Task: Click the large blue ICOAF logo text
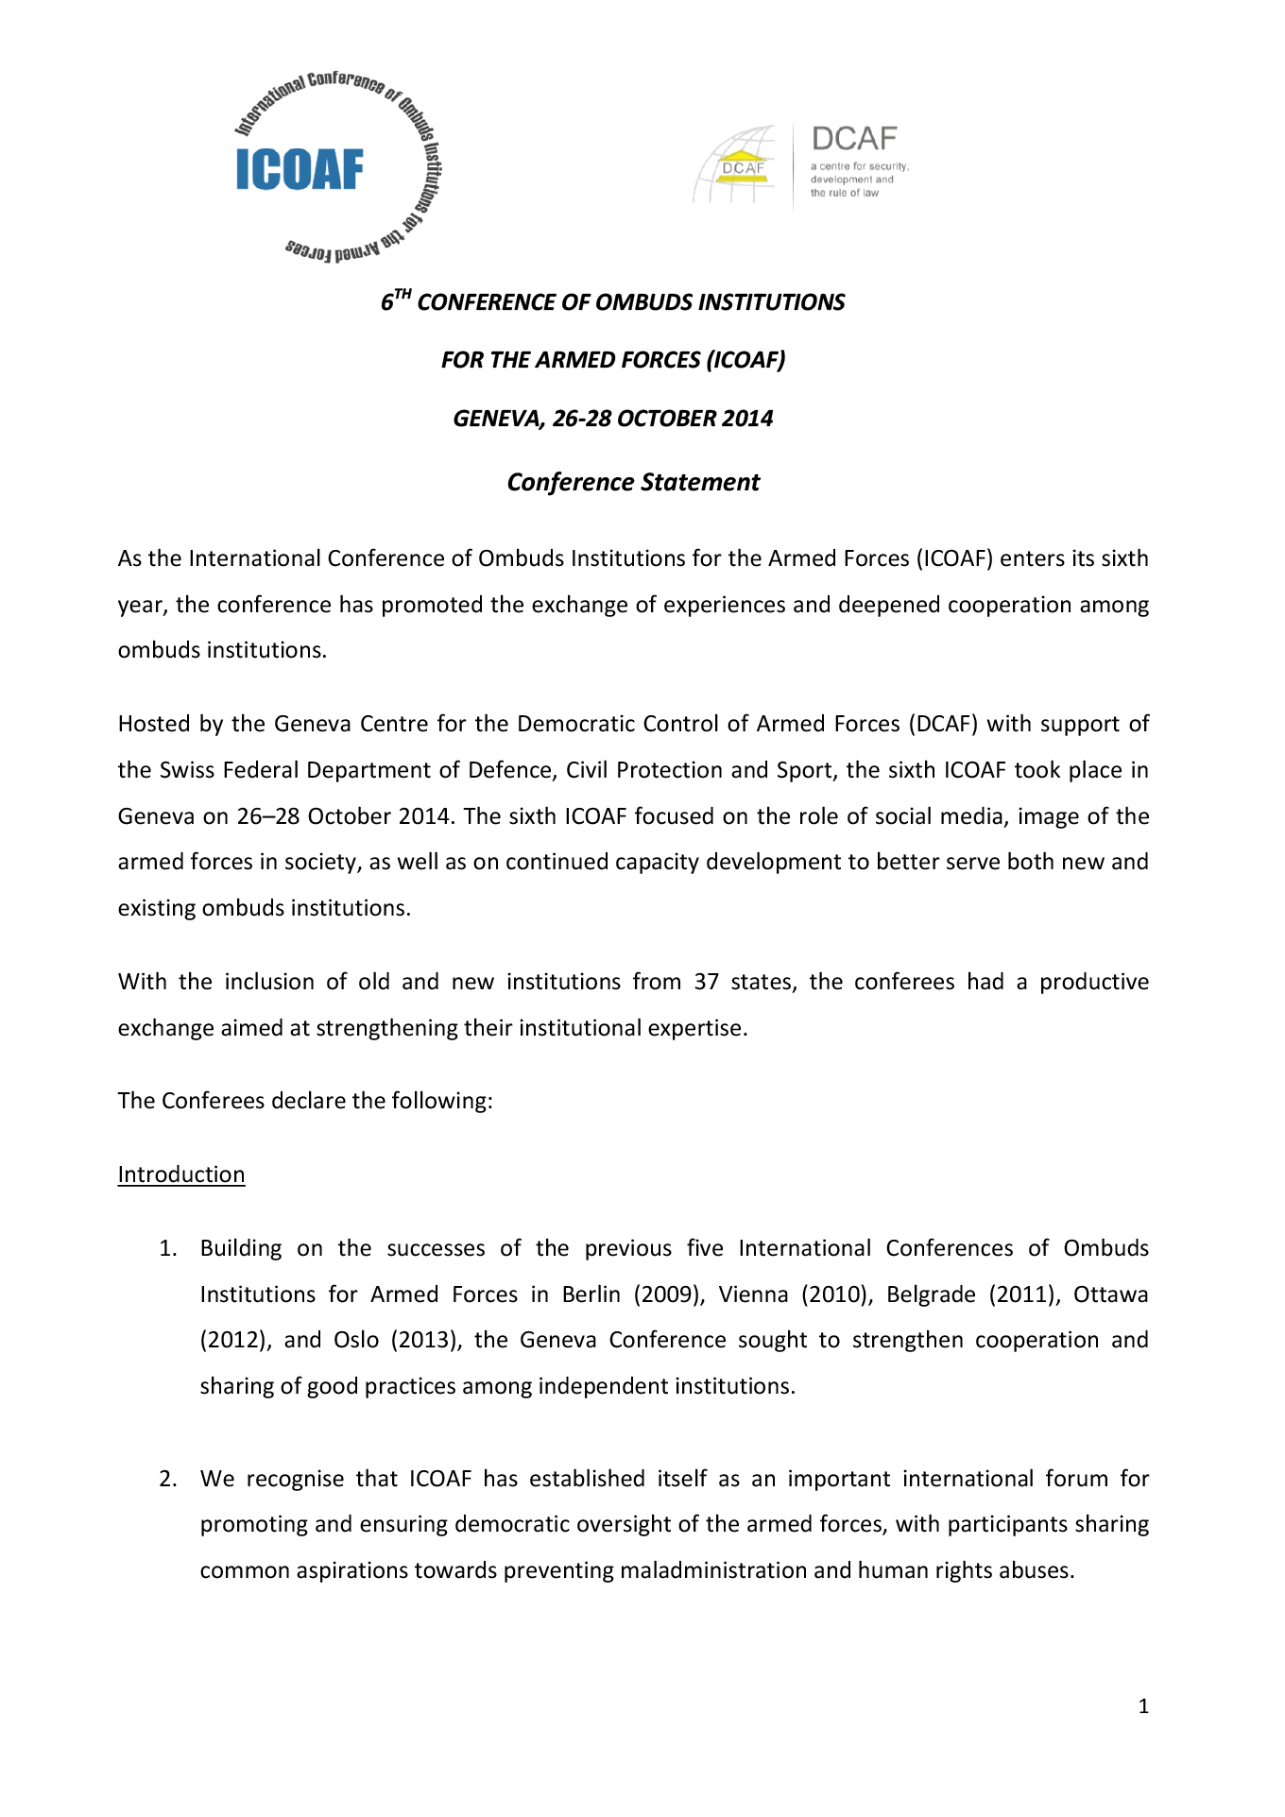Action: (299, 170)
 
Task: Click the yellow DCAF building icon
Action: (743, 166)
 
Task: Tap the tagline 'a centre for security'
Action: (859, 166)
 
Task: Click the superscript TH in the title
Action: (403, 295)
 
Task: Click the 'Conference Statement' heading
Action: (633, 482)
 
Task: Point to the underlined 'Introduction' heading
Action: (181, 1174)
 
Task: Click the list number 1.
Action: (167, 1248)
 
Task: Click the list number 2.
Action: (167, 1479)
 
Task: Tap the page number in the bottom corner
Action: (1143, 1706)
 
